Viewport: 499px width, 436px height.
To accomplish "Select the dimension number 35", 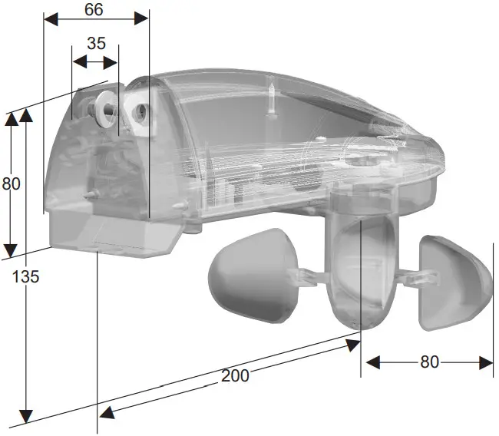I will (x=96, y=43).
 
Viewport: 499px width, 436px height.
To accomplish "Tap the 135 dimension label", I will (x=26, y=276).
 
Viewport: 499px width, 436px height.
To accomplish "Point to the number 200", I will (x=234, y=375).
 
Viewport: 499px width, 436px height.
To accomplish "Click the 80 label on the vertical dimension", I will (x=11, y=183).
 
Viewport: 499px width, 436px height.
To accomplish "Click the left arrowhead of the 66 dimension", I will (x=49, y=18).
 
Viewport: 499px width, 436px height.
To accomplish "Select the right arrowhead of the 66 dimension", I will (x=143, y=18).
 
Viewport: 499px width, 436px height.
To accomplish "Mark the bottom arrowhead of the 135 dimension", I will (x=27, y=418).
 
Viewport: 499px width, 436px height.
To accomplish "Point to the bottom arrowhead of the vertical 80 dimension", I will (x=11, y=251).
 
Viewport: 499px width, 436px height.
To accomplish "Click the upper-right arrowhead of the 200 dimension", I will (x=353, y=345).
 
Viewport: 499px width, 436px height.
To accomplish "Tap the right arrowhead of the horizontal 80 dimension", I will (x=487, y=362).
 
